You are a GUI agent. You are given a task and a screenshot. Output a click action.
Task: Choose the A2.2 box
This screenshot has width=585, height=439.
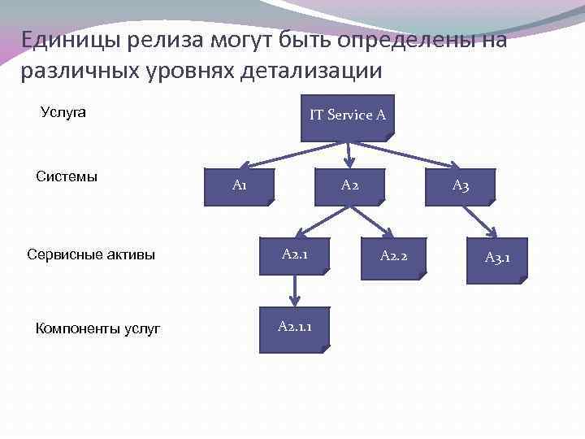click(x=394, y=259)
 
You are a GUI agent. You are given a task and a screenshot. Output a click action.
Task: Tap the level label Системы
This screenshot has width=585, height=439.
click(x=67, y=176)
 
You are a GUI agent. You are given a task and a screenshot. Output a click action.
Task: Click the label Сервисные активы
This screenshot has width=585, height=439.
click(x=91, y=255)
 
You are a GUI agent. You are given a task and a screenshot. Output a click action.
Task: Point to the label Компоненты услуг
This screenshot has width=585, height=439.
click(x=97, y=328)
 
